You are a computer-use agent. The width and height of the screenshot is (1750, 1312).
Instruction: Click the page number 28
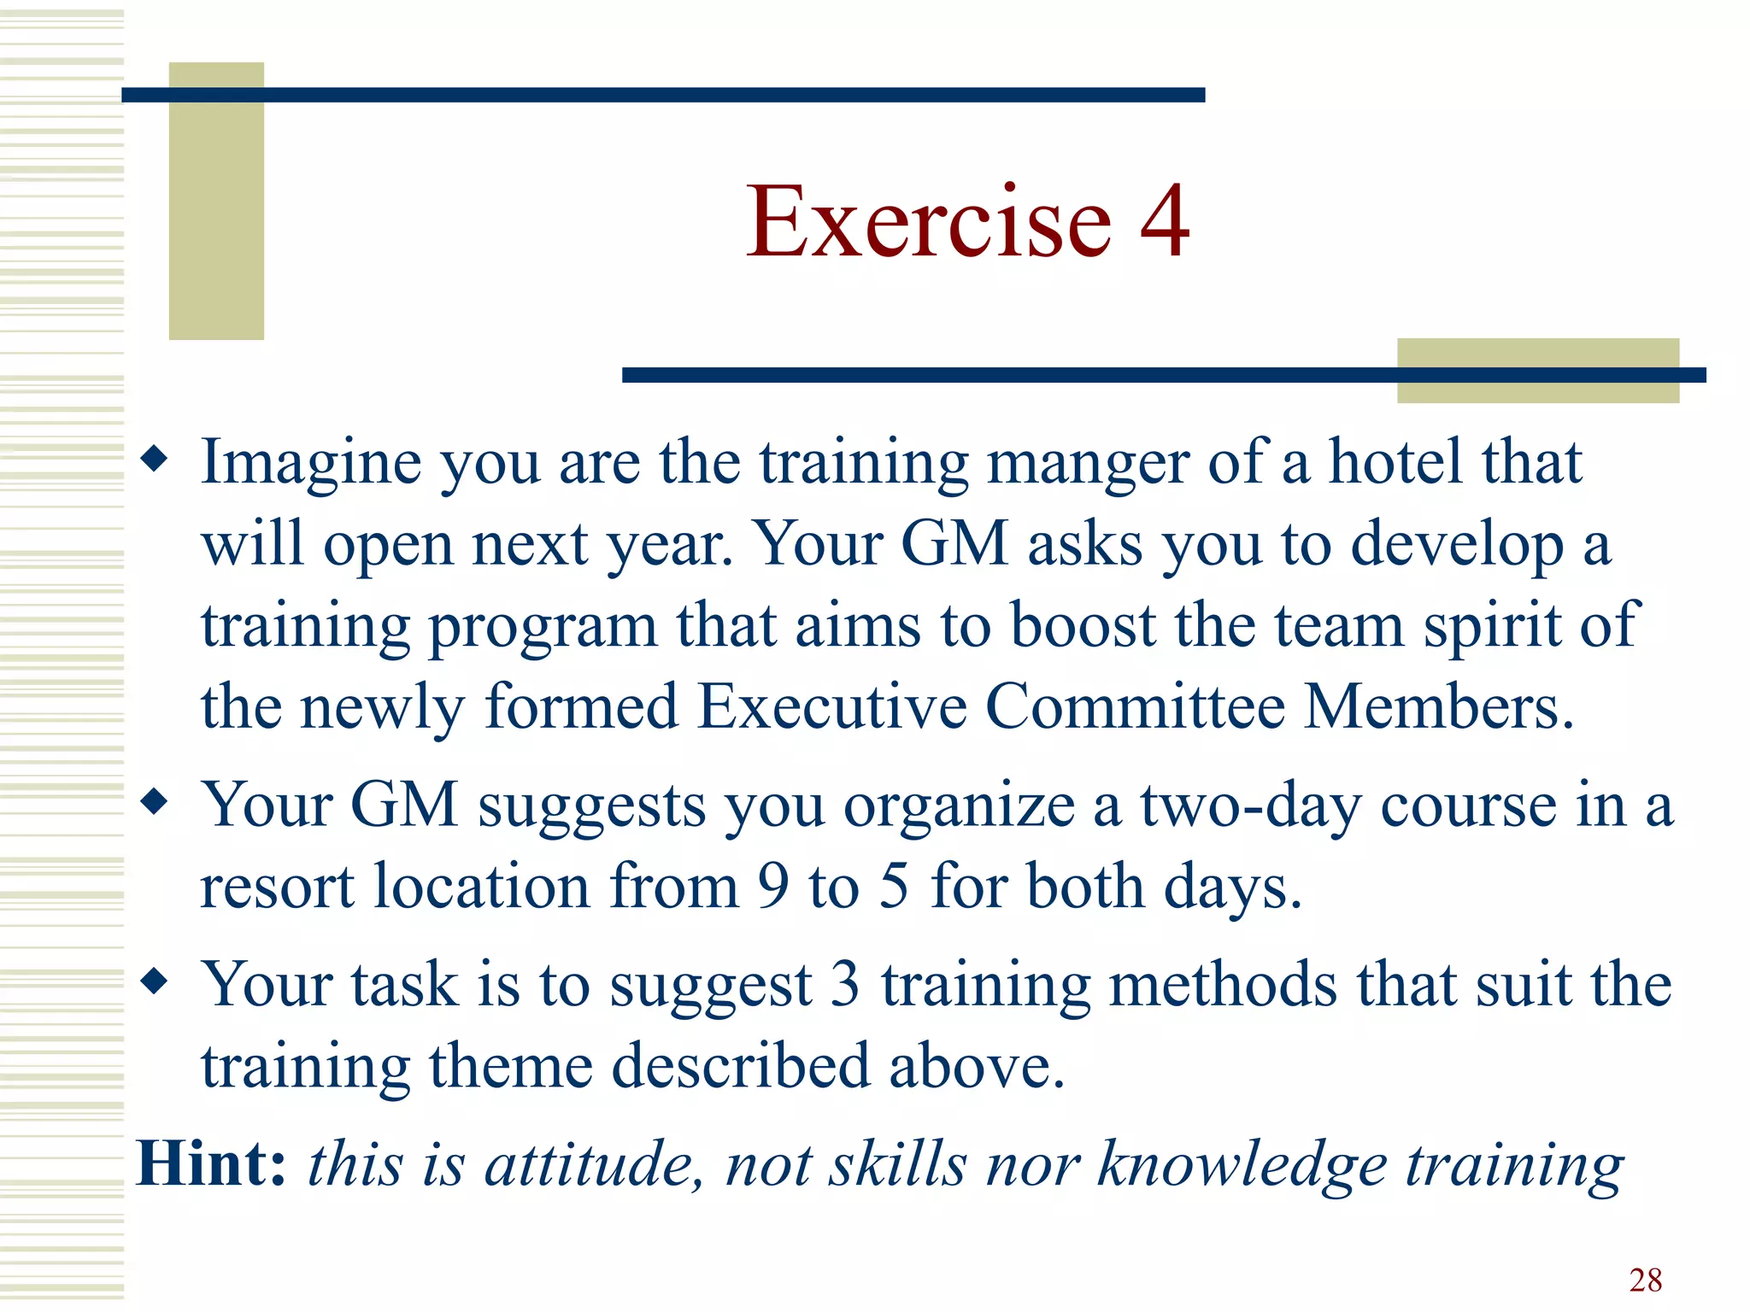point(1645,1280)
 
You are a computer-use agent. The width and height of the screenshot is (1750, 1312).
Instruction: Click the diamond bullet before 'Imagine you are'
point(155,460)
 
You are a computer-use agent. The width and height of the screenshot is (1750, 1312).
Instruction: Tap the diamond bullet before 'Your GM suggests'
point(155,803)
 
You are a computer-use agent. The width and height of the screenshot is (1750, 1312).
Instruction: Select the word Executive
point(831,706)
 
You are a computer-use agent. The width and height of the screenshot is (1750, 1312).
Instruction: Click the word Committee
point(1136,706)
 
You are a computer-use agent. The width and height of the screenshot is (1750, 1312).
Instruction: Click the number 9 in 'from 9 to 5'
point(773,887)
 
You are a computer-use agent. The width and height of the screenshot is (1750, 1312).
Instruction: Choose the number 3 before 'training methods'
point(845,984)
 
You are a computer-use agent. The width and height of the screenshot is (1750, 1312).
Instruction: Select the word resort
point(277,888)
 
